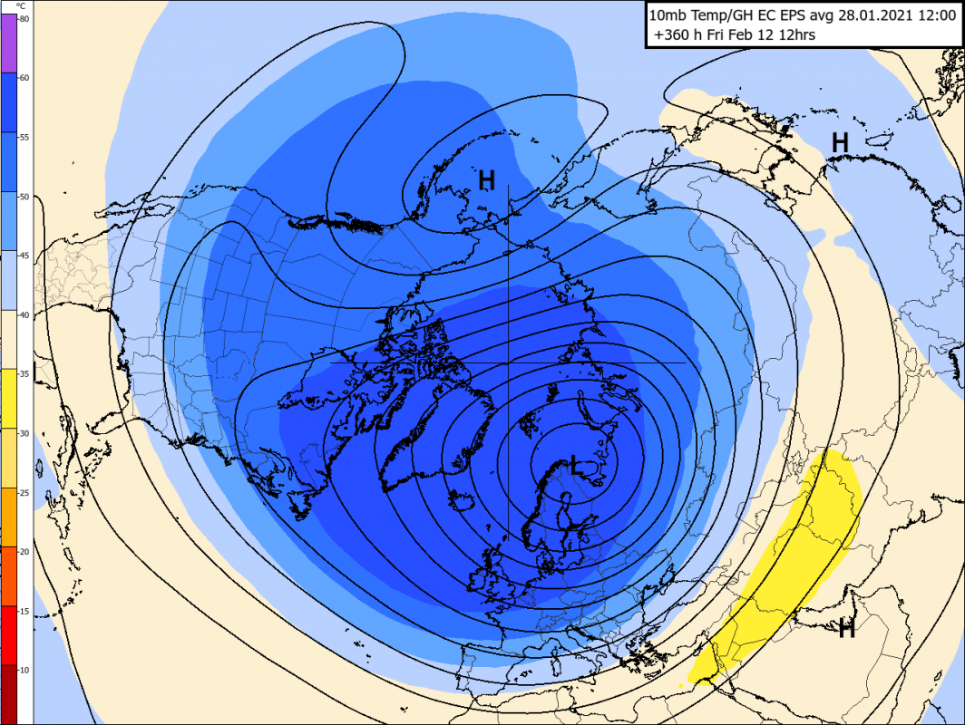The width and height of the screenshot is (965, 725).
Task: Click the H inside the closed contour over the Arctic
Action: (487, 180)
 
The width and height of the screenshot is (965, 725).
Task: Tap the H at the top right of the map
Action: (841, 141)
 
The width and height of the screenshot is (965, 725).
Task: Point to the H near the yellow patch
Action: (847, 627)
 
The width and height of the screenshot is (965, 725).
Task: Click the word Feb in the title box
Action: (751, 35)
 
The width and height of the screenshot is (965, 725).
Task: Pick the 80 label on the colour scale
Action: (24, 18)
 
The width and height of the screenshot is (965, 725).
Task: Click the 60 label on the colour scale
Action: (24, 77)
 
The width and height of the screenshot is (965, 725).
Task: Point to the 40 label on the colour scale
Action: (24, 314)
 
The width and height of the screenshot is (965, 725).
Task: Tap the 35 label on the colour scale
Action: (24, 373)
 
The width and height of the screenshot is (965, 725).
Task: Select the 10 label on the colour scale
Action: (24, 669)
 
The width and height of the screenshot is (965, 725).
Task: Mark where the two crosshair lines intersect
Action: (509, 362)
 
